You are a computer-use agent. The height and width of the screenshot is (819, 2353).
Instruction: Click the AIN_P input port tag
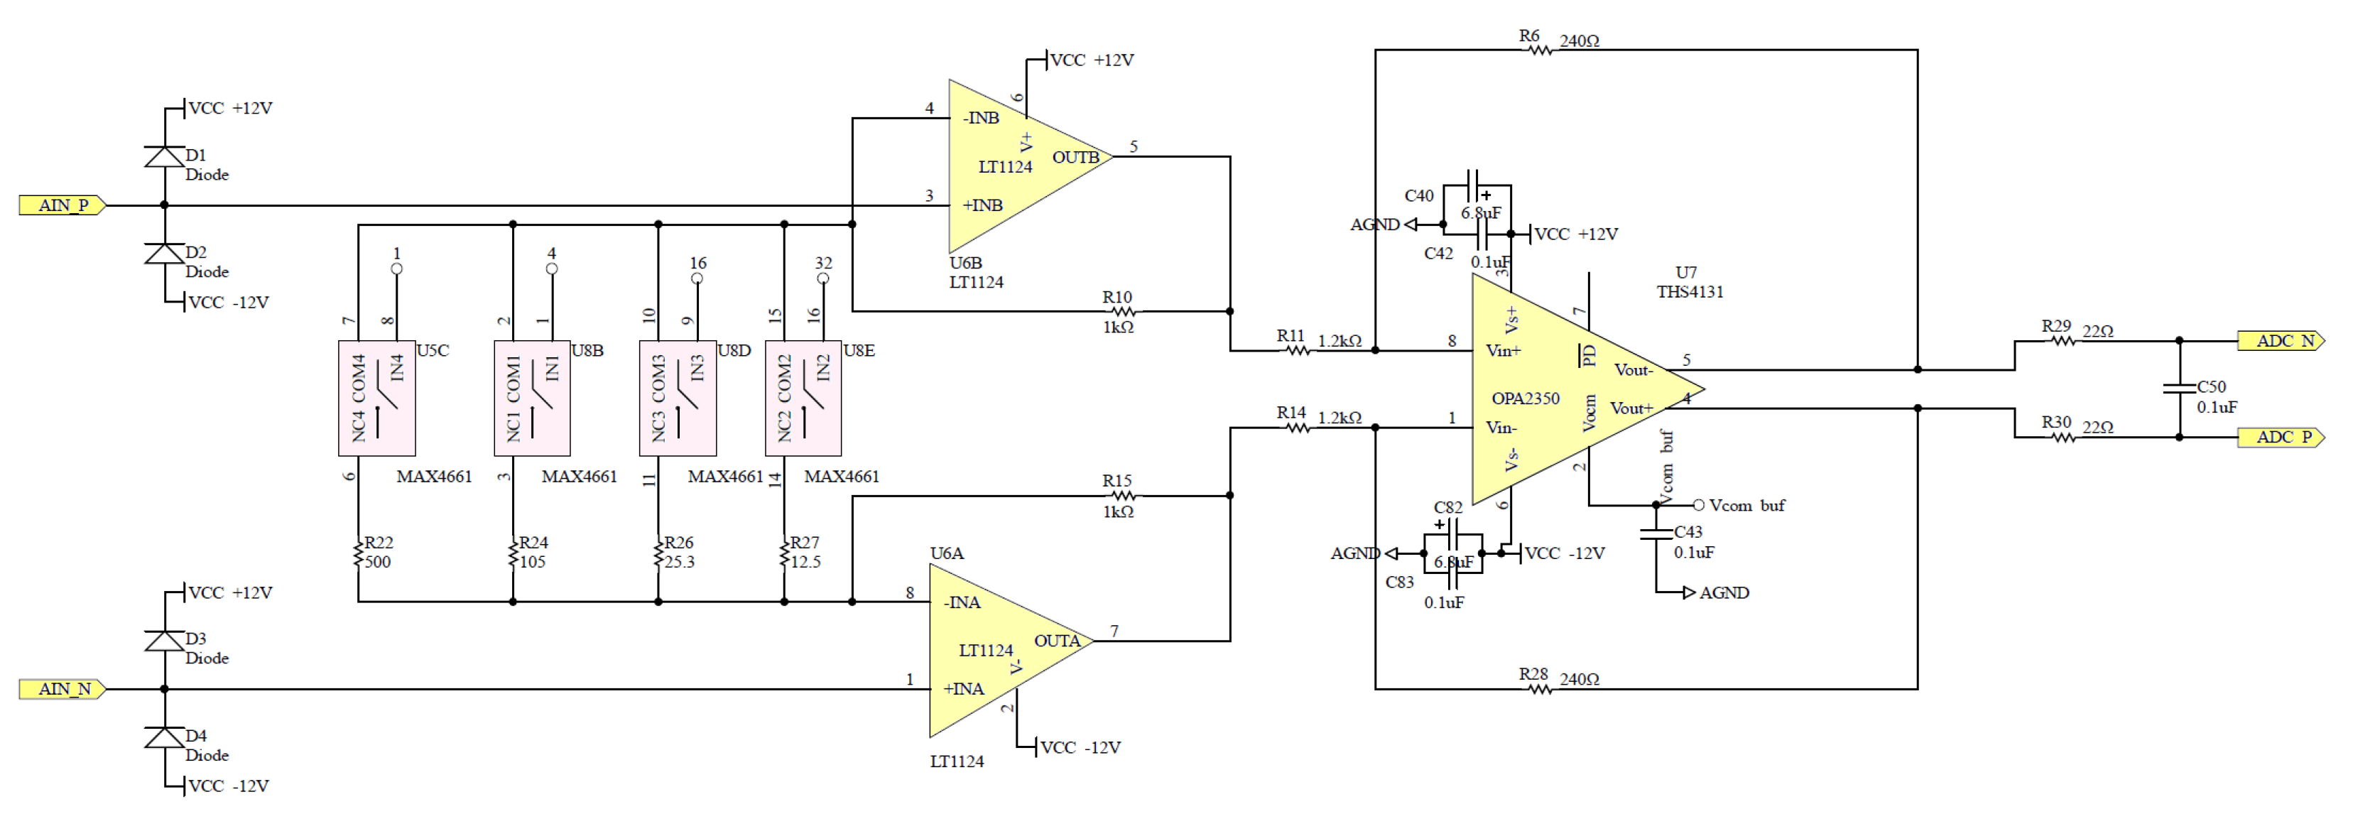(x=62, y=205)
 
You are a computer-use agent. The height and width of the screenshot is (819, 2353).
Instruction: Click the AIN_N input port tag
(x=62, y=689)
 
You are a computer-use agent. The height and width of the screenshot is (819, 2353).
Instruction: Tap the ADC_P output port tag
(x=2280, y=438)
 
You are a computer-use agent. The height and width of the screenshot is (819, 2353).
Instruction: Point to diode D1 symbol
(x=164, y=157)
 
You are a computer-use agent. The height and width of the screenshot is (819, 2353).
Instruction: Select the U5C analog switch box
(x=376, y=398)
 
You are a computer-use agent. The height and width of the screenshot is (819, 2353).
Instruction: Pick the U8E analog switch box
(x=803, y=398)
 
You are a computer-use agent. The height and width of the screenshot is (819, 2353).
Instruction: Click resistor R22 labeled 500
(x=358, y=553)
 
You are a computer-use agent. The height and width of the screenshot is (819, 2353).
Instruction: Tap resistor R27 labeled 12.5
(x=783, y=553)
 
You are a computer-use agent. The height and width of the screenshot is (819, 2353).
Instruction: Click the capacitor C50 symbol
(x=2180, y=390)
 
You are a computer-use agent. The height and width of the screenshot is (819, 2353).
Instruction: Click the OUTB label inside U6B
(x=1075, y=158)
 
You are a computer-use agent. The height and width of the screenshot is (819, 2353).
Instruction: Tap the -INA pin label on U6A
(x=962, y=602)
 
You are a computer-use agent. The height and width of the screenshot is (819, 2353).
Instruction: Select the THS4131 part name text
(x=1690, y=292)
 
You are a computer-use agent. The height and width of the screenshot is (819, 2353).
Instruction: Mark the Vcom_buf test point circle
(x=1698, y=505)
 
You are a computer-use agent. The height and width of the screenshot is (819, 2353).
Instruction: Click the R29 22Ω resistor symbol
(x=2063, y=342)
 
